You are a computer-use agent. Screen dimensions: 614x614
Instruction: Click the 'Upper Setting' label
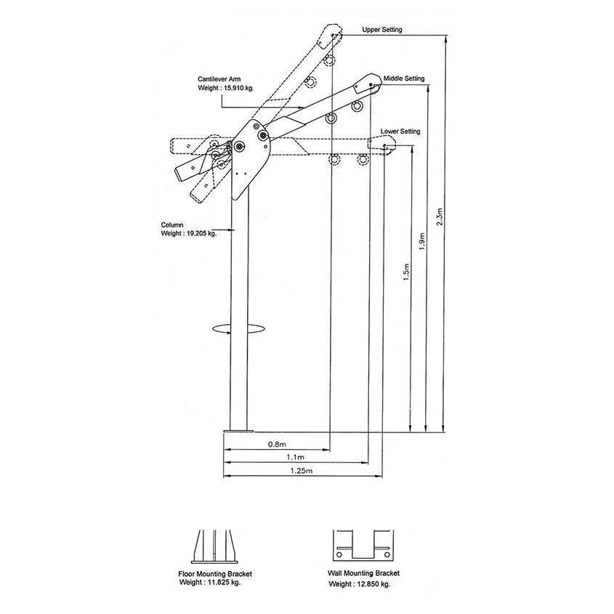click(381, 30)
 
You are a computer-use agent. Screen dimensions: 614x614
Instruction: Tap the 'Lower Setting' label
click(400, 132)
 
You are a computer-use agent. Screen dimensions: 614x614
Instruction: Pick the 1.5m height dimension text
click(406, 272)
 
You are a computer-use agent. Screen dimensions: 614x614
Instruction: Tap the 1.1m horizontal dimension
click(295, 457)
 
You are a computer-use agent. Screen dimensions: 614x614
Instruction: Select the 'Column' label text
click(172, 225)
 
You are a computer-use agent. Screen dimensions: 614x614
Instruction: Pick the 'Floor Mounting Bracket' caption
click(215, 573)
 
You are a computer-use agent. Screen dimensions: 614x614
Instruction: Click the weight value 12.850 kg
click(368, 583)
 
